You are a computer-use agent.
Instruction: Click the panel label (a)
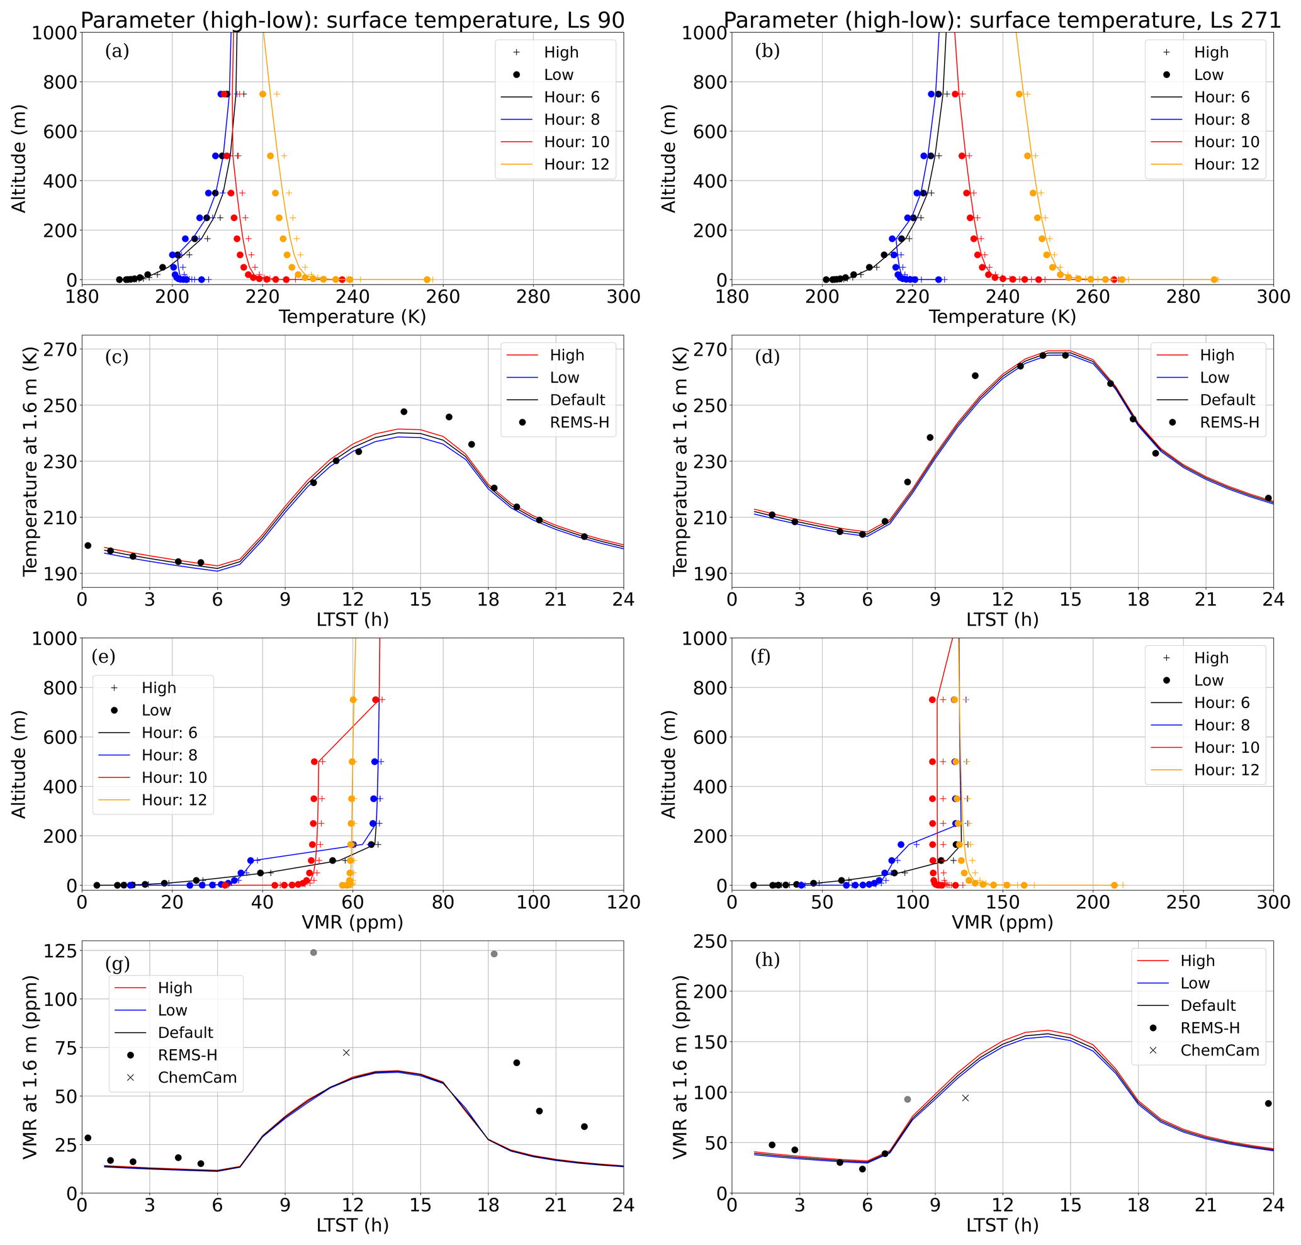[117, 51]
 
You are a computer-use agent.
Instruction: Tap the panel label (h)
[767, 960]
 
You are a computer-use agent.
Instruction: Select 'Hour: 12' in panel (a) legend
[576, 164]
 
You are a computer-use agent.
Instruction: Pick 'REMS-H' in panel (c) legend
[579, 422]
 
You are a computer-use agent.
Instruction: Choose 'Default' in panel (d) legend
[1227, 400]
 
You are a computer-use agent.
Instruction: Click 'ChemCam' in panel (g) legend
[197, 1077]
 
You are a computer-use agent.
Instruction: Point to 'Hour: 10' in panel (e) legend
[174, 777]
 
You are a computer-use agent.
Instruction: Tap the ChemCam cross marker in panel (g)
[346, 1052]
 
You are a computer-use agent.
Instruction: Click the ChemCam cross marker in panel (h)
[965, 1098]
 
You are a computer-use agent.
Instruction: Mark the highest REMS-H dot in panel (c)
[403, 412]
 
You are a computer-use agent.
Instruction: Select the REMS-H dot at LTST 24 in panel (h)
[1268, 1103]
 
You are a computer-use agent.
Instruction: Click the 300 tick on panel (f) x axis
[1273, 903]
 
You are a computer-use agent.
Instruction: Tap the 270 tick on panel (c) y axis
[60, 349]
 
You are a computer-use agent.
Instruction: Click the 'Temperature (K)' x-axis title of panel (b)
[1001, 317]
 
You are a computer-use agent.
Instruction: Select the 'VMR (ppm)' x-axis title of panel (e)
[352, 922]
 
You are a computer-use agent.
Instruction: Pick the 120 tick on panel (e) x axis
[623, 903]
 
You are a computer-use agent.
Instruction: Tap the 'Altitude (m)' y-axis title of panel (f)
[668, 764]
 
